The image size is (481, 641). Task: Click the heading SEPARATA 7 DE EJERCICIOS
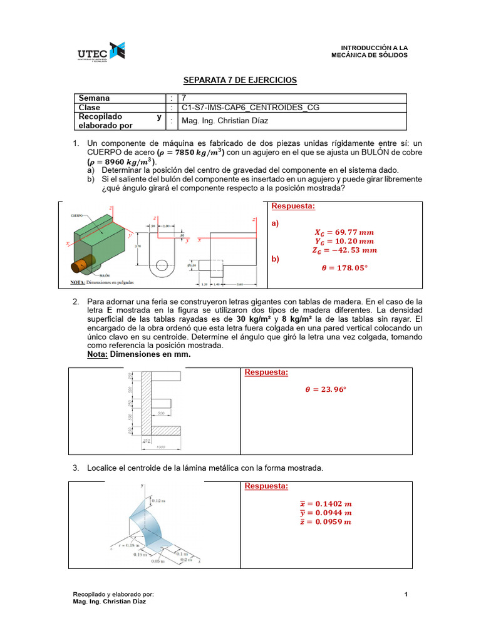click(x=239, y=80)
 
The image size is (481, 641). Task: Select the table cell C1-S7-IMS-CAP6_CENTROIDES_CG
click(x=250, y=107)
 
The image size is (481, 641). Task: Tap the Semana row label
click(x=93, y=98)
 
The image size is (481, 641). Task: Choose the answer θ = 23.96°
click(x=325, y=389)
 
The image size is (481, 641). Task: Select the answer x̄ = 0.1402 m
click(x=326, y=503)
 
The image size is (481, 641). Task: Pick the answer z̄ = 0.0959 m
click(x=326, y=522)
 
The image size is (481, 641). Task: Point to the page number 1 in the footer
click(x=406, y=594)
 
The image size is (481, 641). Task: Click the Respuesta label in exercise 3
click(x=266, y=486)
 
